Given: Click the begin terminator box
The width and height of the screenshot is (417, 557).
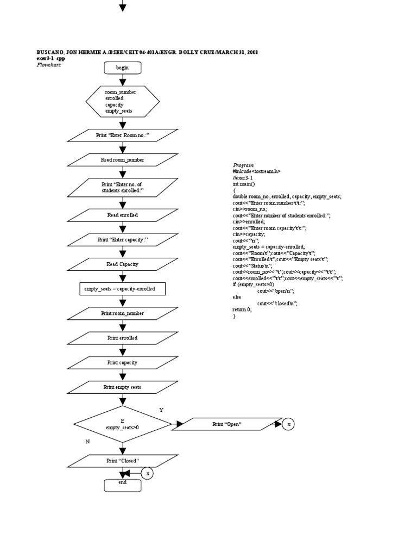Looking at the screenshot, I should click(x=122, y=67).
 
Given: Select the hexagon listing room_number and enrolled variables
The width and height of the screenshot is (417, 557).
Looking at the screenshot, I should click(x=122, y=101).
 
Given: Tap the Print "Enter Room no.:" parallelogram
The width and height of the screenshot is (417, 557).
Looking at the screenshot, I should click(x=122, y=135).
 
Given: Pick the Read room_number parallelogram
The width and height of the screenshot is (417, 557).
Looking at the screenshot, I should click(x=122, y=160).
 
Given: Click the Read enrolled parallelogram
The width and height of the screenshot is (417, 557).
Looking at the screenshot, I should click(x=122, y=215).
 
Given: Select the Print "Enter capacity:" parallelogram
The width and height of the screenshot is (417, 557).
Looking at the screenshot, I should click(x=122, y=240).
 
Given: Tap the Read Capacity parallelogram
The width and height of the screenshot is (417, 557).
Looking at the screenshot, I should click(x=122, y=264).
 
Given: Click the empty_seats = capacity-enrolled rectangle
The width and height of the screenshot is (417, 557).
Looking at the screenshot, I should click(x=122, y=289).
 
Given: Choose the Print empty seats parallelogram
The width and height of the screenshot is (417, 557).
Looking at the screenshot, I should click(x=122, y=387).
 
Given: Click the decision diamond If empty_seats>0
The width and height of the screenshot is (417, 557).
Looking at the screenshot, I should click(x=122, y=424).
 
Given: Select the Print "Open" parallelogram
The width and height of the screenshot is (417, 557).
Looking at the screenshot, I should click(x=227, y=424).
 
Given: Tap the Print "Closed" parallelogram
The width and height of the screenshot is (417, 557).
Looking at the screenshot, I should click(x=122, y=461).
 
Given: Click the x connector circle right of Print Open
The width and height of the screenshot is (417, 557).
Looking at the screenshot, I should click(x=289, y=424).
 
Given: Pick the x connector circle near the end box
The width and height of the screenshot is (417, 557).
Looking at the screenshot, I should click(x=147, y=473).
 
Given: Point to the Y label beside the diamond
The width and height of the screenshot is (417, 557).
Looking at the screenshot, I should click(x=161, y=410).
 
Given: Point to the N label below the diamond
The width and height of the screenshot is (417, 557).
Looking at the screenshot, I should click(x=87, y=442).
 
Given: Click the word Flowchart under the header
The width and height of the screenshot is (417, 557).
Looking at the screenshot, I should click(x=48, y=65).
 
